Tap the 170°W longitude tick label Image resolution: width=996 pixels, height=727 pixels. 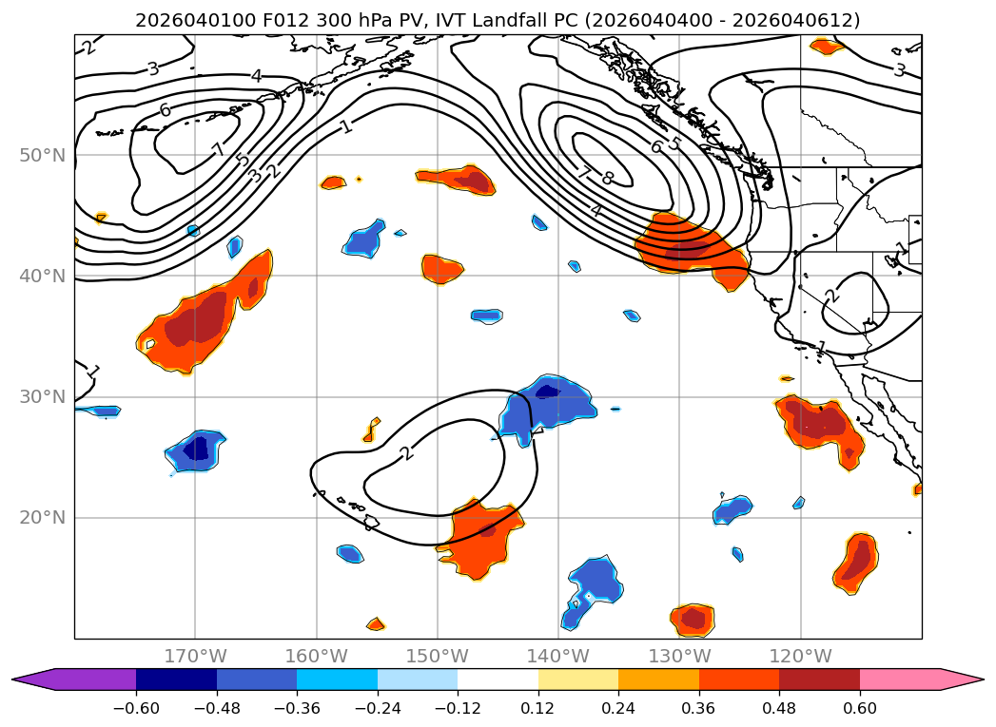(195, 656)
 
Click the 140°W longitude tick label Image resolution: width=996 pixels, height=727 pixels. (558, 656)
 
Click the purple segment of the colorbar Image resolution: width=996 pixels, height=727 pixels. (86, 679)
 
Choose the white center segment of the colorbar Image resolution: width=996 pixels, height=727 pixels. (498, 679)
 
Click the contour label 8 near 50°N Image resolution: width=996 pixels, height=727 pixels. (608, 178)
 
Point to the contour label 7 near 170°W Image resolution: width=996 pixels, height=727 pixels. (218, 150)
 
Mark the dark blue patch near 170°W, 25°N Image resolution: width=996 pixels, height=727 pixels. (197, 448)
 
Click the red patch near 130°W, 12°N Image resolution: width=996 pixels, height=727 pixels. (693, 620)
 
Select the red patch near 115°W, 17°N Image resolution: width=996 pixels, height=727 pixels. (857, 560)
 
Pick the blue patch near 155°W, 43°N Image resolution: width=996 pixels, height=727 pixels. (364, 239)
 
